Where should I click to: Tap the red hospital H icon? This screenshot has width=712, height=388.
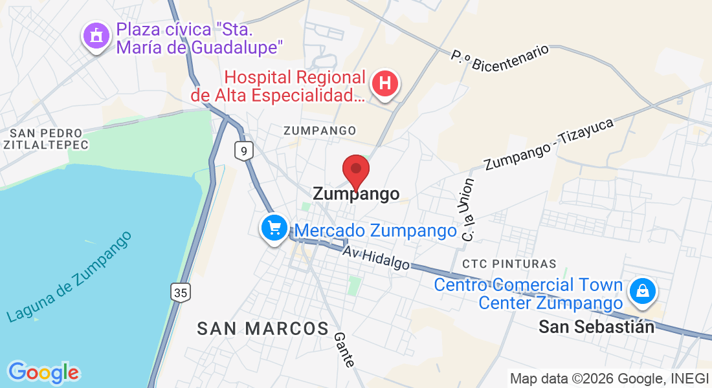(x=385, y=84)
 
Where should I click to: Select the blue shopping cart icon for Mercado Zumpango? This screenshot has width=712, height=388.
(x=274, y=228)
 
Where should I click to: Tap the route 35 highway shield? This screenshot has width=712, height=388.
(x=181, y=293)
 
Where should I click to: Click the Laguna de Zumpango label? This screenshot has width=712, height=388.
(x=69, y=276)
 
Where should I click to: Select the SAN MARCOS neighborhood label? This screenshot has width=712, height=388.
(x=263, y=329)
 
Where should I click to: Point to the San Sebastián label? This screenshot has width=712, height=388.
(x=596, y=327)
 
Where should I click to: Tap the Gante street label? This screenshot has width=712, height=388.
(x=344, y=350)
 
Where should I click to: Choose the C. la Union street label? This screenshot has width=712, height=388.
(x=467, y=210)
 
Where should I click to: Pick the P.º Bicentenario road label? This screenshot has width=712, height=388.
(x=500, y=58)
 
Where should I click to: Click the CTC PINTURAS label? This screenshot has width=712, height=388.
(x=509, y=264)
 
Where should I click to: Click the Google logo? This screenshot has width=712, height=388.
(x=43, y=372)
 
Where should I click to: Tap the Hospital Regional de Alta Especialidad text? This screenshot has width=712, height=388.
(x=295, y=87)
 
